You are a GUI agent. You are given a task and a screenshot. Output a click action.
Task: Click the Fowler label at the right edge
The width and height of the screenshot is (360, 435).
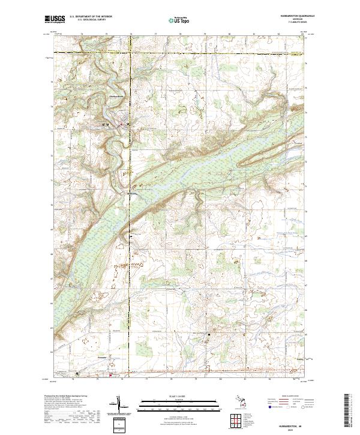pyautogui.click(x=301, y=359)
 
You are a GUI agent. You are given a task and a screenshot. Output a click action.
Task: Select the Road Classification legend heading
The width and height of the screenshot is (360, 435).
pyautogui.click(x=287, y=396)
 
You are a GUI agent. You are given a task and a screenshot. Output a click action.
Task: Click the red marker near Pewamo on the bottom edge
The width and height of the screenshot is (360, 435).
pyautogui.click(x=110, y=376)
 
